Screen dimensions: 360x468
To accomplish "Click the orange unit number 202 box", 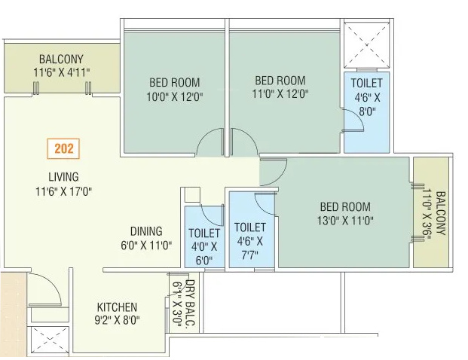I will click(63, 148).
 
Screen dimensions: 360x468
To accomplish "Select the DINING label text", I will click(146, 231).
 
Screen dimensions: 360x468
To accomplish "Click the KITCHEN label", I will click(117, 307).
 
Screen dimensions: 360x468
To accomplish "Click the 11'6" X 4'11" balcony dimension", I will click(62, 72).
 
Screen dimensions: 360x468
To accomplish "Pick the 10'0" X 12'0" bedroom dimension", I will click(174, 96).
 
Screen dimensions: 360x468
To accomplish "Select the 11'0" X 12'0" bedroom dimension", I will click(280, 94).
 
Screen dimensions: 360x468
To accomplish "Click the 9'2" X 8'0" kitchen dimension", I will click(117, 320).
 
